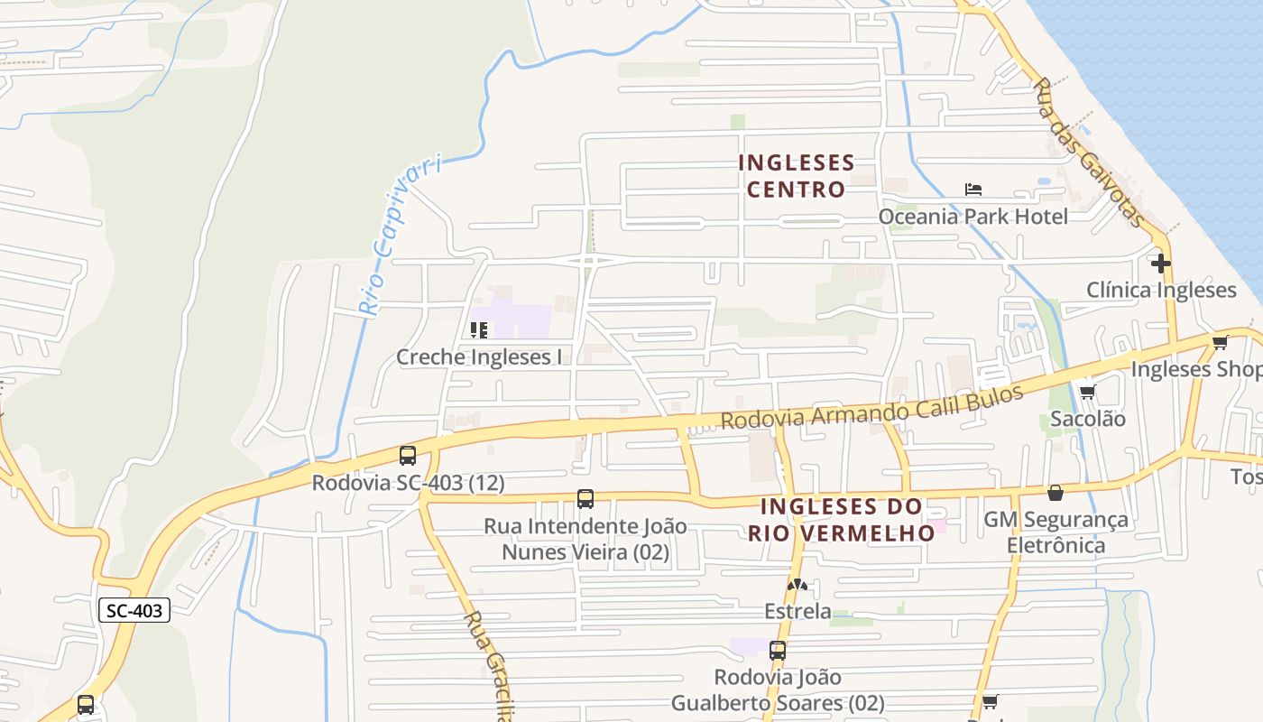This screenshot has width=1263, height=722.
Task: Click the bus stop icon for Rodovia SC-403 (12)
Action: tap(408, 456)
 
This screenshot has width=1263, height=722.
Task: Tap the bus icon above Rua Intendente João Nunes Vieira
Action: tap(585, 498)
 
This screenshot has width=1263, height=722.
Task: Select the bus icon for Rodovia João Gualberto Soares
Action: tap(778, 650)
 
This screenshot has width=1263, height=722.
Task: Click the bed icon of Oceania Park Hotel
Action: tap(973, 190)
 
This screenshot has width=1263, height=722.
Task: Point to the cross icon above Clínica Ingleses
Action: tap(1161, 264)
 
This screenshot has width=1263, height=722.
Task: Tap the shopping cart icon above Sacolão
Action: tap(1087, 392)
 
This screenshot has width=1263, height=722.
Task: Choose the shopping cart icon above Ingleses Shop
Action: tap(1221, 342)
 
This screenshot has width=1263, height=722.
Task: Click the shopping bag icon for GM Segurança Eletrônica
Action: tap(1056, 493)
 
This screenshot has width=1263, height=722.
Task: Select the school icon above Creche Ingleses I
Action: tap(479, 330)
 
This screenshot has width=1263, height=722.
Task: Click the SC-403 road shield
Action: tap(134, 611)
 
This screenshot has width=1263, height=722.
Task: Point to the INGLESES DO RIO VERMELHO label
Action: tap(841, 519)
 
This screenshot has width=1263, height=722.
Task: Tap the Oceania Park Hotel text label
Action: tap(973, 217)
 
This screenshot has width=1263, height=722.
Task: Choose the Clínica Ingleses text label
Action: tap(1161, 290)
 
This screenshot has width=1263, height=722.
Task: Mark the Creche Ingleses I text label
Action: tap(479, 357)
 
